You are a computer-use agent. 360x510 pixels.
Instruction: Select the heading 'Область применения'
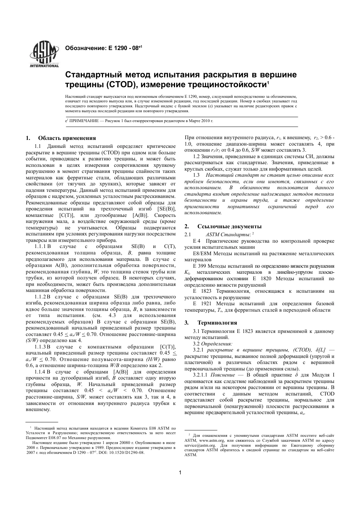(x=67, y=138)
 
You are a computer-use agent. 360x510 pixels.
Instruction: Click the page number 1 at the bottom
(x=180, y=472)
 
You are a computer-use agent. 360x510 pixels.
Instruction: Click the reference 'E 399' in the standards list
(x=200, y=266)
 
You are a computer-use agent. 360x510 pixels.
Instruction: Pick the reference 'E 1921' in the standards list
(x=201, y=304)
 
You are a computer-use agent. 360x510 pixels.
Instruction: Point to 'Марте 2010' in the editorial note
(x=195, y=120)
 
